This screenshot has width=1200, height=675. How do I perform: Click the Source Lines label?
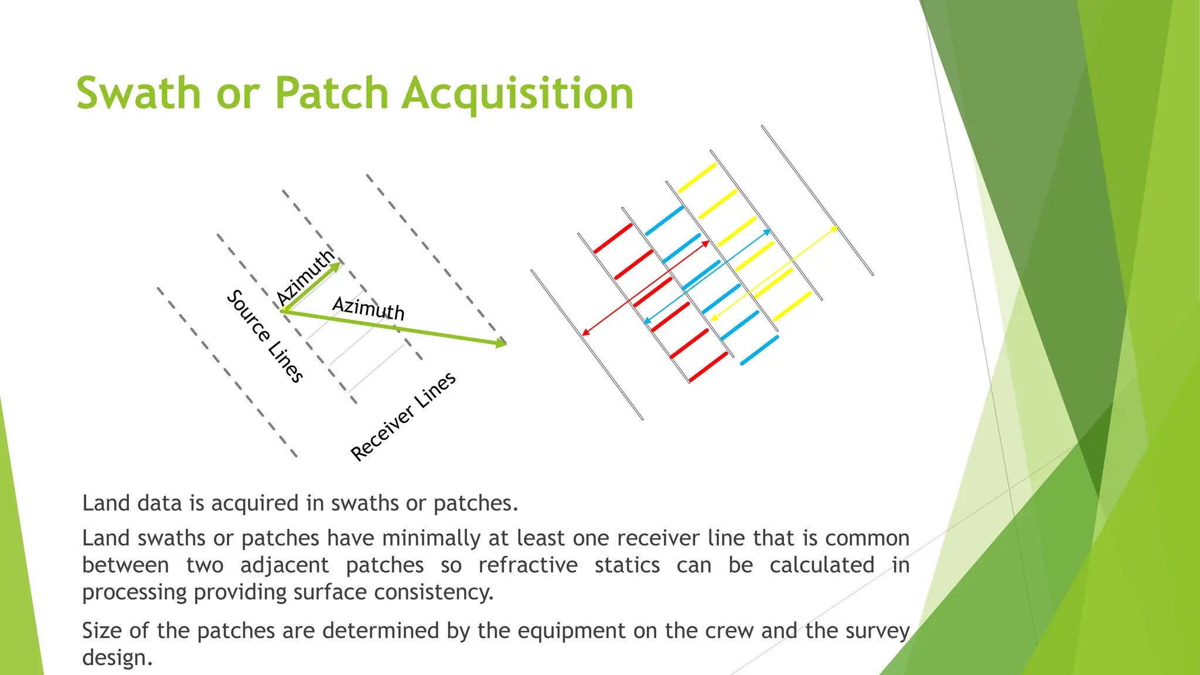click(x=265, y=336)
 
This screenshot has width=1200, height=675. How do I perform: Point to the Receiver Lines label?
click(x=403, y=416)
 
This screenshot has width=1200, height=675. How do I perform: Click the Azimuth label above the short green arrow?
click(x=305, y=276)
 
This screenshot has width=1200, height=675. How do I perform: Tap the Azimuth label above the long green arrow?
click(x=369, y=308)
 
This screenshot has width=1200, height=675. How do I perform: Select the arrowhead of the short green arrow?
click(x=335, y=267)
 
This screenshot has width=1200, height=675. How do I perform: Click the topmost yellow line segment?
click(x=697, y=178)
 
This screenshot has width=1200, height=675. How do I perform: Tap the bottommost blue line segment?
click(x=759, y=350)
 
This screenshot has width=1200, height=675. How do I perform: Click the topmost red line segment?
click(x=613, y=238)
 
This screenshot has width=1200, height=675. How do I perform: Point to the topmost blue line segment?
click(x=664, y=221)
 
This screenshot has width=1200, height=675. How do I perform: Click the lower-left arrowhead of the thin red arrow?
click(x=584, y=333)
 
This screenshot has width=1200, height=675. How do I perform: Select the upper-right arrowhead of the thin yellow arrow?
click(x=835, y=227)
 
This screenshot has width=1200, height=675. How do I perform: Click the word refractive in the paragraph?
click(x=527, y=565)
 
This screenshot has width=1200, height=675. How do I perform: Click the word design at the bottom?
click(x=117, y=658)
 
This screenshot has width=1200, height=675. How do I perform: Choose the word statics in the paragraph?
click(x=627, y=565)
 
